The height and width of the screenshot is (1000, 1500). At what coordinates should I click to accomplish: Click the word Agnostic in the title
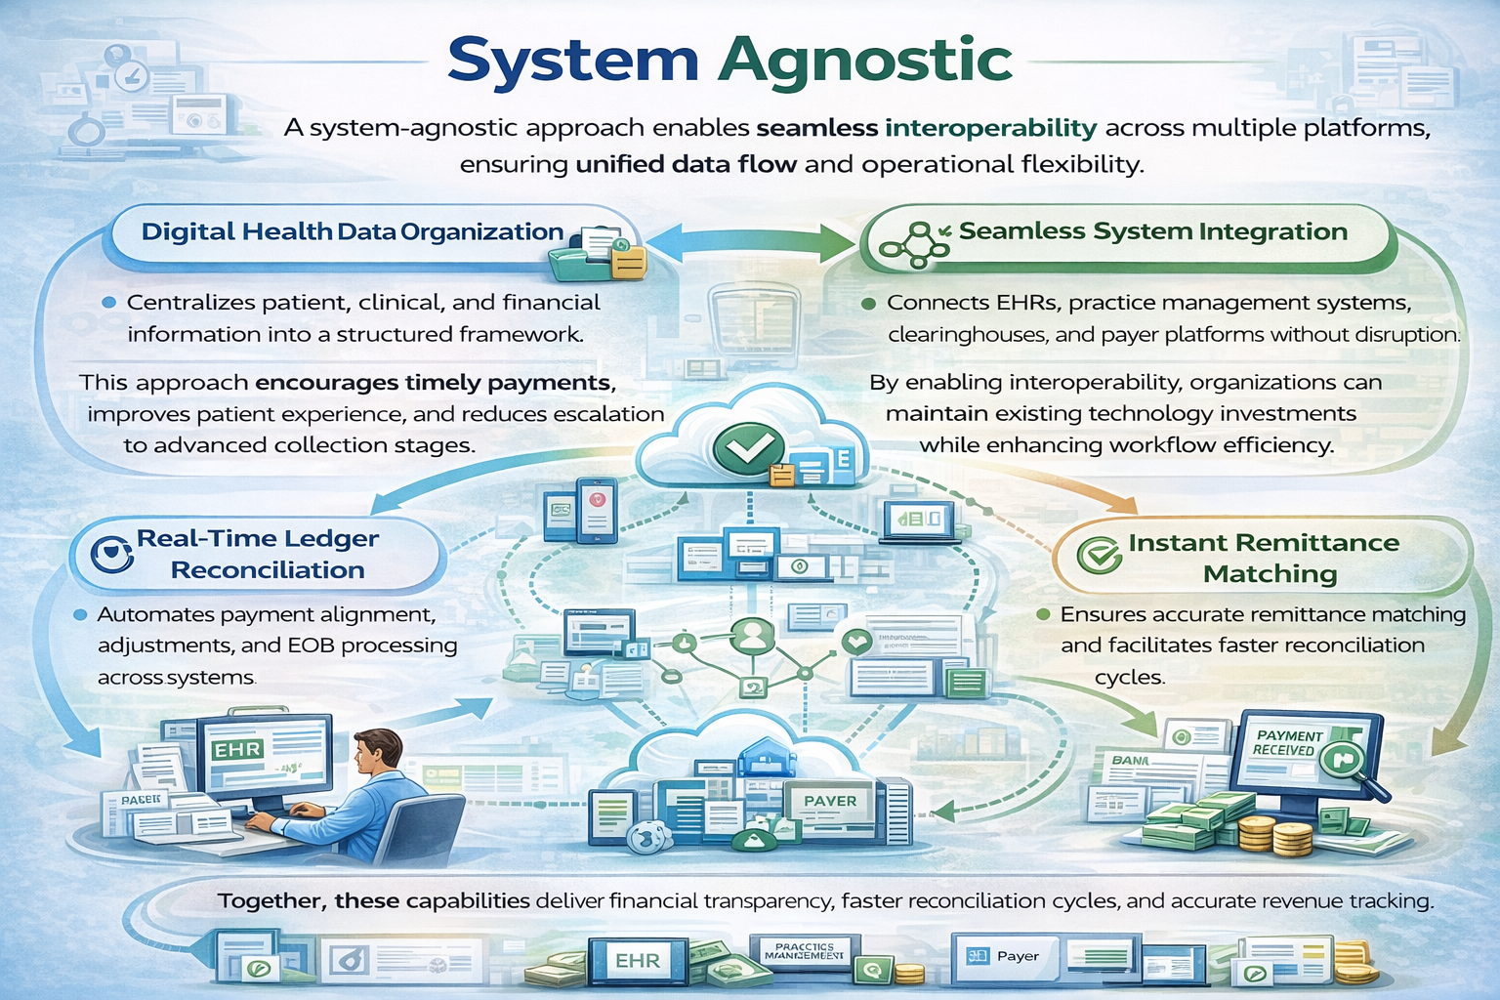865,61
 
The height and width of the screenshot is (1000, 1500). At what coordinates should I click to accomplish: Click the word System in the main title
573,61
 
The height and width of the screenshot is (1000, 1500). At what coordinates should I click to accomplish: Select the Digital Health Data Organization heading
352,232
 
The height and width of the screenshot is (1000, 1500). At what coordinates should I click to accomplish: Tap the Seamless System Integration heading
1152,232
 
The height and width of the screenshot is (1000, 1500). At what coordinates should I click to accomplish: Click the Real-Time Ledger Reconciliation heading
259,554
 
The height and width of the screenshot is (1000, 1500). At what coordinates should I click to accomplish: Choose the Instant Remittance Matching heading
1264,558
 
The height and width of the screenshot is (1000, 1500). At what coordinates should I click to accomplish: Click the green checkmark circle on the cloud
748,447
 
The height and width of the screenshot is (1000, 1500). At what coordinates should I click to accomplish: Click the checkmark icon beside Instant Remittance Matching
1099,556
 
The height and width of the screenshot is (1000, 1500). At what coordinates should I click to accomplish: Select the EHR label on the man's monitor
238,750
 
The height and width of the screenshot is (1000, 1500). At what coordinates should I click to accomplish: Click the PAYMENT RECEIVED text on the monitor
1288,743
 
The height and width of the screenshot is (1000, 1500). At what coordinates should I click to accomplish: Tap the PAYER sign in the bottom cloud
830,801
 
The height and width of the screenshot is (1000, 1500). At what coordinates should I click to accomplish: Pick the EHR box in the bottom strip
638,961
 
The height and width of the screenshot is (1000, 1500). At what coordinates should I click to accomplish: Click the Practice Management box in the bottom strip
805,952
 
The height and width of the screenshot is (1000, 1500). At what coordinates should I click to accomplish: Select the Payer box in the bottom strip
1006,957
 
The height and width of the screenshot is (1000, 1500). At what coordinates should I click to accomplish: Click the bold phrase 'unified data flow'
686,164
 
